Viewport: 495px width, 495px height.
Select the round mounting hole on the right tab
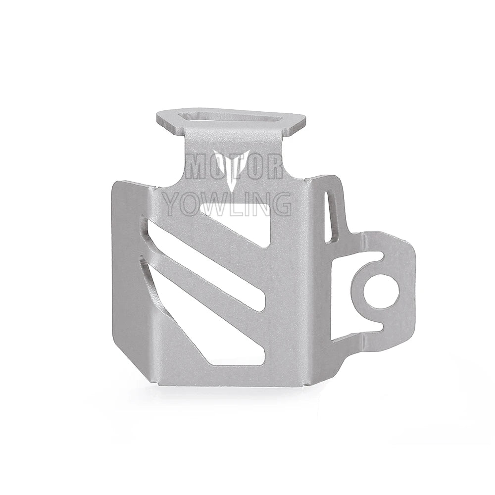coord(381,292)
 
